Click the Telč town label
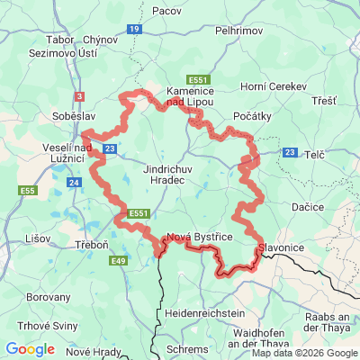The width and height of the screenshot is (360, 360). (315, 155)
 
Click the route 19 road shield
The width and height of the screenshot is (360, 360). (134, 30)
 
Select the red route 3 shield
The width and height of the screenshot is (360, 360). (79, 96)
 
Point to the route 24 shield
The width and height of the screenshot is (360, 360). (74, 183)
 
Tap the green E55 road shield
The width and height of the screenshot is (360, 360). (29, 191)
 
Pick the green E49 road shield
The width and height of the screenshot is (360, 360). (118, 261)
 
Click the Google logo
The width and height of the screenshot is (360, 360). (30, 349)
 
